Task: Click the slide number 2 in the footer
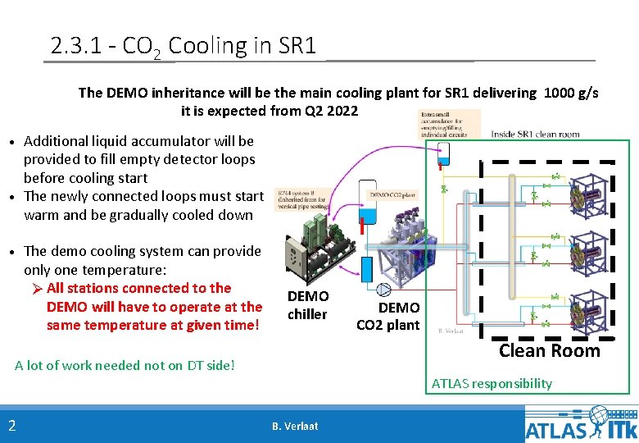click(12, 425)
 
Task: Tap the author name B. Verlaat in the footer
click(295, 426)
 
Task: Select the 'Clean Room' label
click(550, 351)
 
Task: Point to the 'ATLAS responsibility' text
click(492, 383)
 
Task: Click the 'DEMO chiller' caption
click(308, 305)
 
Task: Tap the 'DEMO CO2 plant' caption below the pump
click(387, 316)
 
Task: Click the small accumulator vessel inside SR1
click(443, 154)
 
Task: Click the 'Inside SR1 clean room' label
click(535, 134)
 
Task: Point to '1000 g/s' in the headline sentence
click(570, 93)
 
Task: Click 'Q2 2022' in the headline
click(331, 111)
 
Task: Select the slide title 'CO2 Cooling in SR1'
click(183, 46)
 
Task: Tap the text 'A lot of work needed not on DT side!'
click(125, 365)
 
